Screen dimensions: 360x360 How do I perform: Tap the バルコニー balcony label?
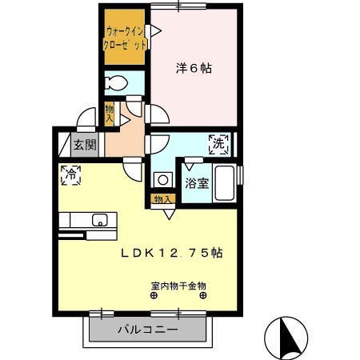point(150,329)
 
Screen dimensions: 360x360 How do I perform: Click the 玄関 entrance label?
point(84,145)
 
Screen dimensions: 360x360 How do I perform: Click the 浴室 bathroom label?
point(197,183)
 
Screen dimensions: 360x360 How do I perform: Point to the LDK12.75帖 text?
point(171,253)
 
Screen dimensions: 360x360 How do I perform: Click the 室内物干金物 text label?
point(178,285)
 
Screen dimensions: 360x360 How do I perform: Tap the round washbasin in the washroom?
point(163,179)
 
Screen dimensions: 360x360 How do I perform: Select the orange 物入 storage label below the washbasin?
point(163,198)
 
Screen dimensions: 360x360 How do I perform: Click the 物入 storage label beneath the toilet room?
point(110,112)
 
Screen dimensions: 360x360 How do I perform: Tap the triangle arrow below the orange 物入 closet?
point(169,214)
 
